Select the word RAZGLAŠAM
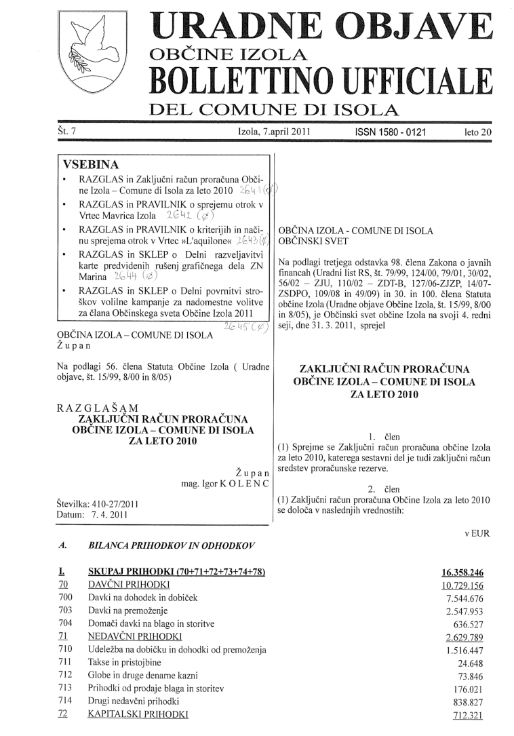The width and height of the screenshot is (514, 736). click(98, 407)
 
